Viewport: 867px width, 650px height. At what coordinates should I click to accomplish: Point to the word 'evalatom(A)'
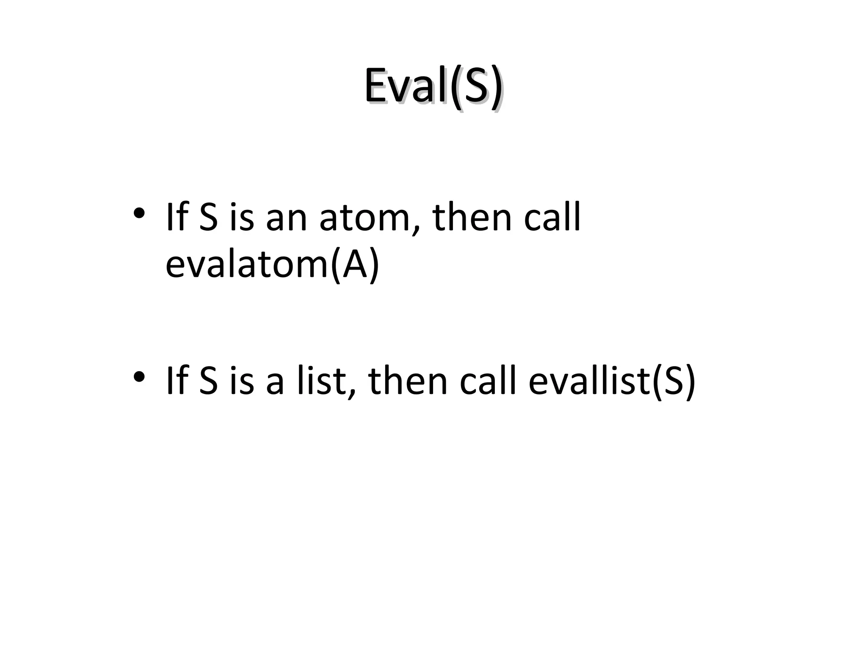(272, 265)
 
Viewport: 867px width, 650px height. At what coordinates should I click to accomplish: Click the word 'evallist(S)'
(612, 380)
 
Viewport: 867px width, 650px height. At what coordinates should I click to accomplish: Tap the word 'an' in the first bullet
(286, 218)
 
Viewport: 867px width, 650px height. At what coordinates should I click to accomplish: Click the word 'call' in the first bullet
(552, 218)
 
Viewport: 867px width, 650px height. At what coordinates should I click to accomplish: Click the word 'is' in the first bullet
(242, 218)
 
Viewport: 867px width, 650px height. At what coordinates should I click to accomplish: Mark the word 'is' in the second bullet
(242, 380)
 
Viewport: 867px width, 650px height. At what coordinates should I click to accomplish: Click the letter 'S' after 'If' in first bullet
(208, 218)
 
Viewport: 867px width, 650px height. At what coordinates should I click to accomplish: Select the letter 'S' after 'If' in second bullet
(208, 380)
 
